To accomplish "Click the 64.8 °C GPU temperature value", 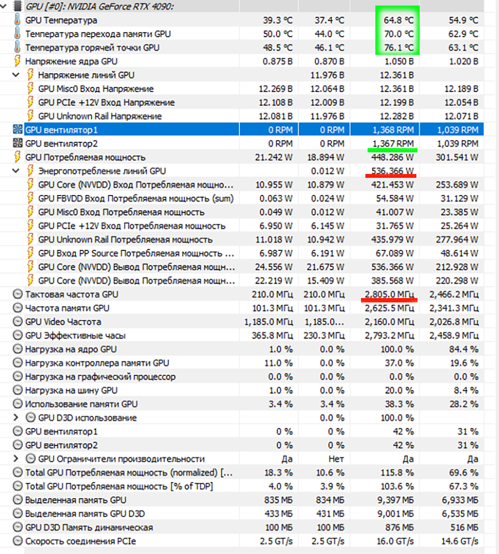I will [398, 20].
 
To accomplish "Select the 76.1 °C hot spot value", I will [398, 48].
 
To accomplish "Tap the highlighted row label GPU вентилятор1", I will [61, 130].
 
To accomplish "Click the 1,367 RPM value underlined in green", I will [393, 143].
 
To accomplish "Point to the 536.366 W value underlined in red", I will [393, 171].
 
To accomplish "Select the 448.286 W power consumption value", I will [393, 157].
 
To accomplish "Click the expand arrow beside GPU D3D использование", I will [16, 418].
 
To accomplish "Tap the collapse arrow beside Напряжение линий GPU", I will [16, 75].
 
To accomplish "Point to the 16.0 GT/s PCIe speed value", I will [395, 541].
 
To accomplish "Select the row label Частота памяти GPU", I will [67, 309].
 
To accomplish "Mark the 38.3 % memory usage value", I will [399, 404].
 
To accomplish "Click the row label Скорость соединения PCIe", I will [80, 541].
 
